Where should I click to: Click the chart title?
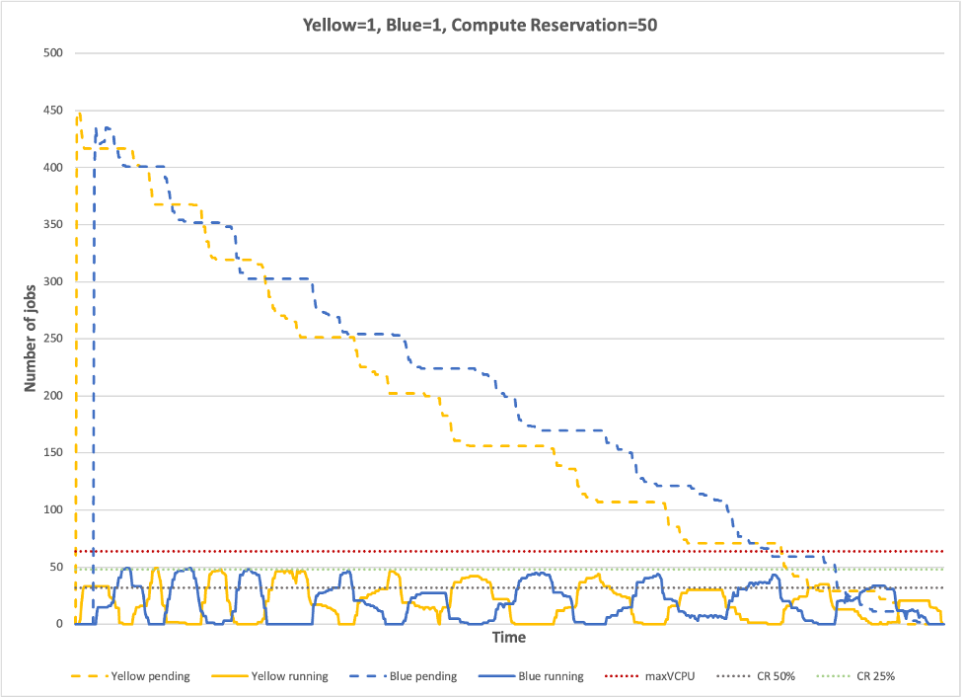point(480,25)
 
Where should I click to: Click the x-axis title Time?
point(509,638)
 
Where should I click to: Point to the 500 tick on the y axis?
point(53,53)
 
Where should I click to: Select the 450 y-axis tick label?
point(53,111)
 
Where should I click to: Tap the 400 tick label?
point(53,168)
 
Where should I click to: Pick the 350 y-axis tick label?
point(53,225)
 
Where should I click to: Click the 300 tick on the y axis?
point(53,282)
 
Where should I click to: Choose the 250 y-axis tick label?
point(53,339)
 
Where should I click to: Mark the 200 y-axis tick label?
point(53,396)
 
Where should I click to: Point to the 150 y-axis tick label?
point(53,453)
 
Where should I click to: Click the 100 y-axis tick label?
point(53,510)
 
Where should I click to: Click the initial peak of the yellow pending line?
point(79,114)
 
